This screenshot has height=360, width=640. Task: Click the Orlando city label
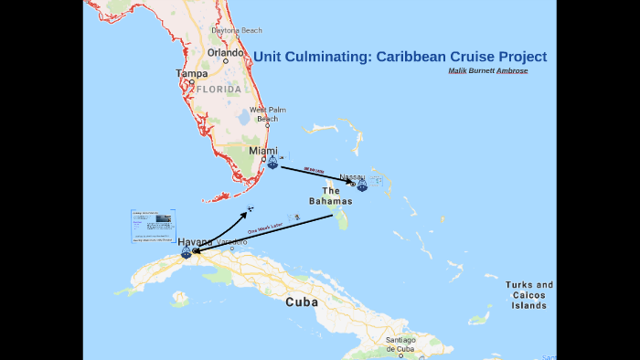[225, 52]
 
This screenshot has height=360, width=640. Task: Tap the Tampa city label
[192, 73]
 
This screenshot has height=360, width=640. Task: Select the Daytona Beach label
[237, 30]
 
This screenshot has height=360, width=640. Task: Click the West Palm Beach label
[268, 114]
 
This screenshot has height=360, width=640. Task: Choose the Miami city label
[263, 151]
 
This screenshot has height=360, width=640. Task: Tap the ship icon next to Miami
[272, 163]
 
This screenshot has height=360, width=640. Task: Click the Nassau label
[352, 176]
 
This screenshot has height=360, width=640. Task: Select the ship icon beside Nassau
[362, 185]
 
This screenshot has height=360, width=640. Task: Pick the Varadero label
[231, 242]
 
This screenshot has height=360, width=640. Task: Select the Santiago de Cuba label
[400, 344]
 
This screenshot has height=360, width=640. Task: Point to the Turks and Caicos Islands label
[529, 295]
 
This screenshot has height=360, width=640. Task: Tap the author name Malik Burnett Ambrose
[488, 71]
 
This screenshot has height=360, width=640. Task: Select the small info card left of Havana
[152, 226]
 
